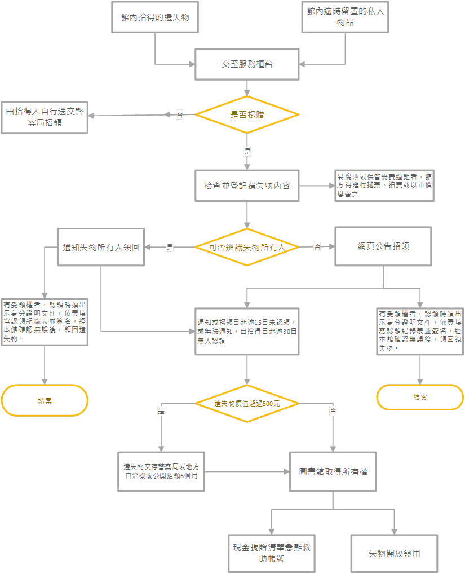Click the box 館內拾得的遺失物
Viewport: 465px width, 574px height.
pyautogui.click(x=155, y=17)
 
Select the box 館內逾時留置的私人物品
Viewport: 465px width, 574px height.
pyautogui.click(x=345, y=17)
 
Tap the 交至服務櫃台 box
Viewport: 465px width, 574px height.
pyautogui.click(x=247, y=64)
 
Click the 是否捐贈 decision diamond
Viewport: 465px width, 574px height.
pyautogui.click(x=247, y=114)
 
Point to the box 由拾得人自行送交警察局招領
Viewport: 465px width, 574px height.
pyautogui.click(x=45, y=117)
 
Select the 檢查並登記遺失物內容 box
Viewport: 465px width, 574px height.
pyautogui.click(x=247, y=185)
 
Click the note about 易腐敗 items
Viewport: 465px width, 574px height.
pyautogui.click(x=384, y=186)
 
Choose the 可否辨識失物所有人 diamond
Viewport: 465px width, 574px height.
pyautogui.click(x=247, y=247)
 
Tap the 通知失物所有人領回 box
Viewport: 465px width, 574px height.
pyautogui.click(x=101, y=247)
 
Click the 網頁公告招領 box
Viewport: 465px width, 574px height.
pyautogui.click(x=383, y=246)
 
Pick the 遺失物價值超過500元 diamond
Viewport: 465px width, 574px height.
pyautogui.click(x=247, y=404)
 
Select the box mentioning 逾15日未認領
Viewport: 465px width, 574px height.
pyautogui.click(x=247, y=332)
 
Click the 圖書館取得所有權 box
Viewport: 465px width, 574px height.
pyautogui.click(x=333, y=471)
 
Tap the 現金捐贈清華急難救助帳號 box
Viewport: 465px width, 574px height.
pyautogui.click(x=272, y=554)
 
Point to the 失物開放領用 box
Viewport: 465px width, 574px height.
pyautogui.click(x=395, y=553)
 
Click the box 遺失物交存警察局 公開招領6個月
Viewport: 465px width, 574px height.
pyautogui.click(x=161, y=471)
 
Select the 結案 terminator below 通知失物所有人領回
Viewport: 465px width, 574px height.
pyautogui.click(x=45, y=400)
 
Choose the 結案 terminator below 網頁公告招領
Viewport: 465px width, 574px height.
pyautogui.click(x=420, y=397)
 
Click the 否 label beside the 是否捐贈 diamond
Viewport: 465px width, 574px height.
pyautogui.click(x=180, y=115)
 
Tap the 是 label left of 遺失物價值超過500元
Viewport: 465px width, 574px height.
pyautogui.click(x=161, y=412)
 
